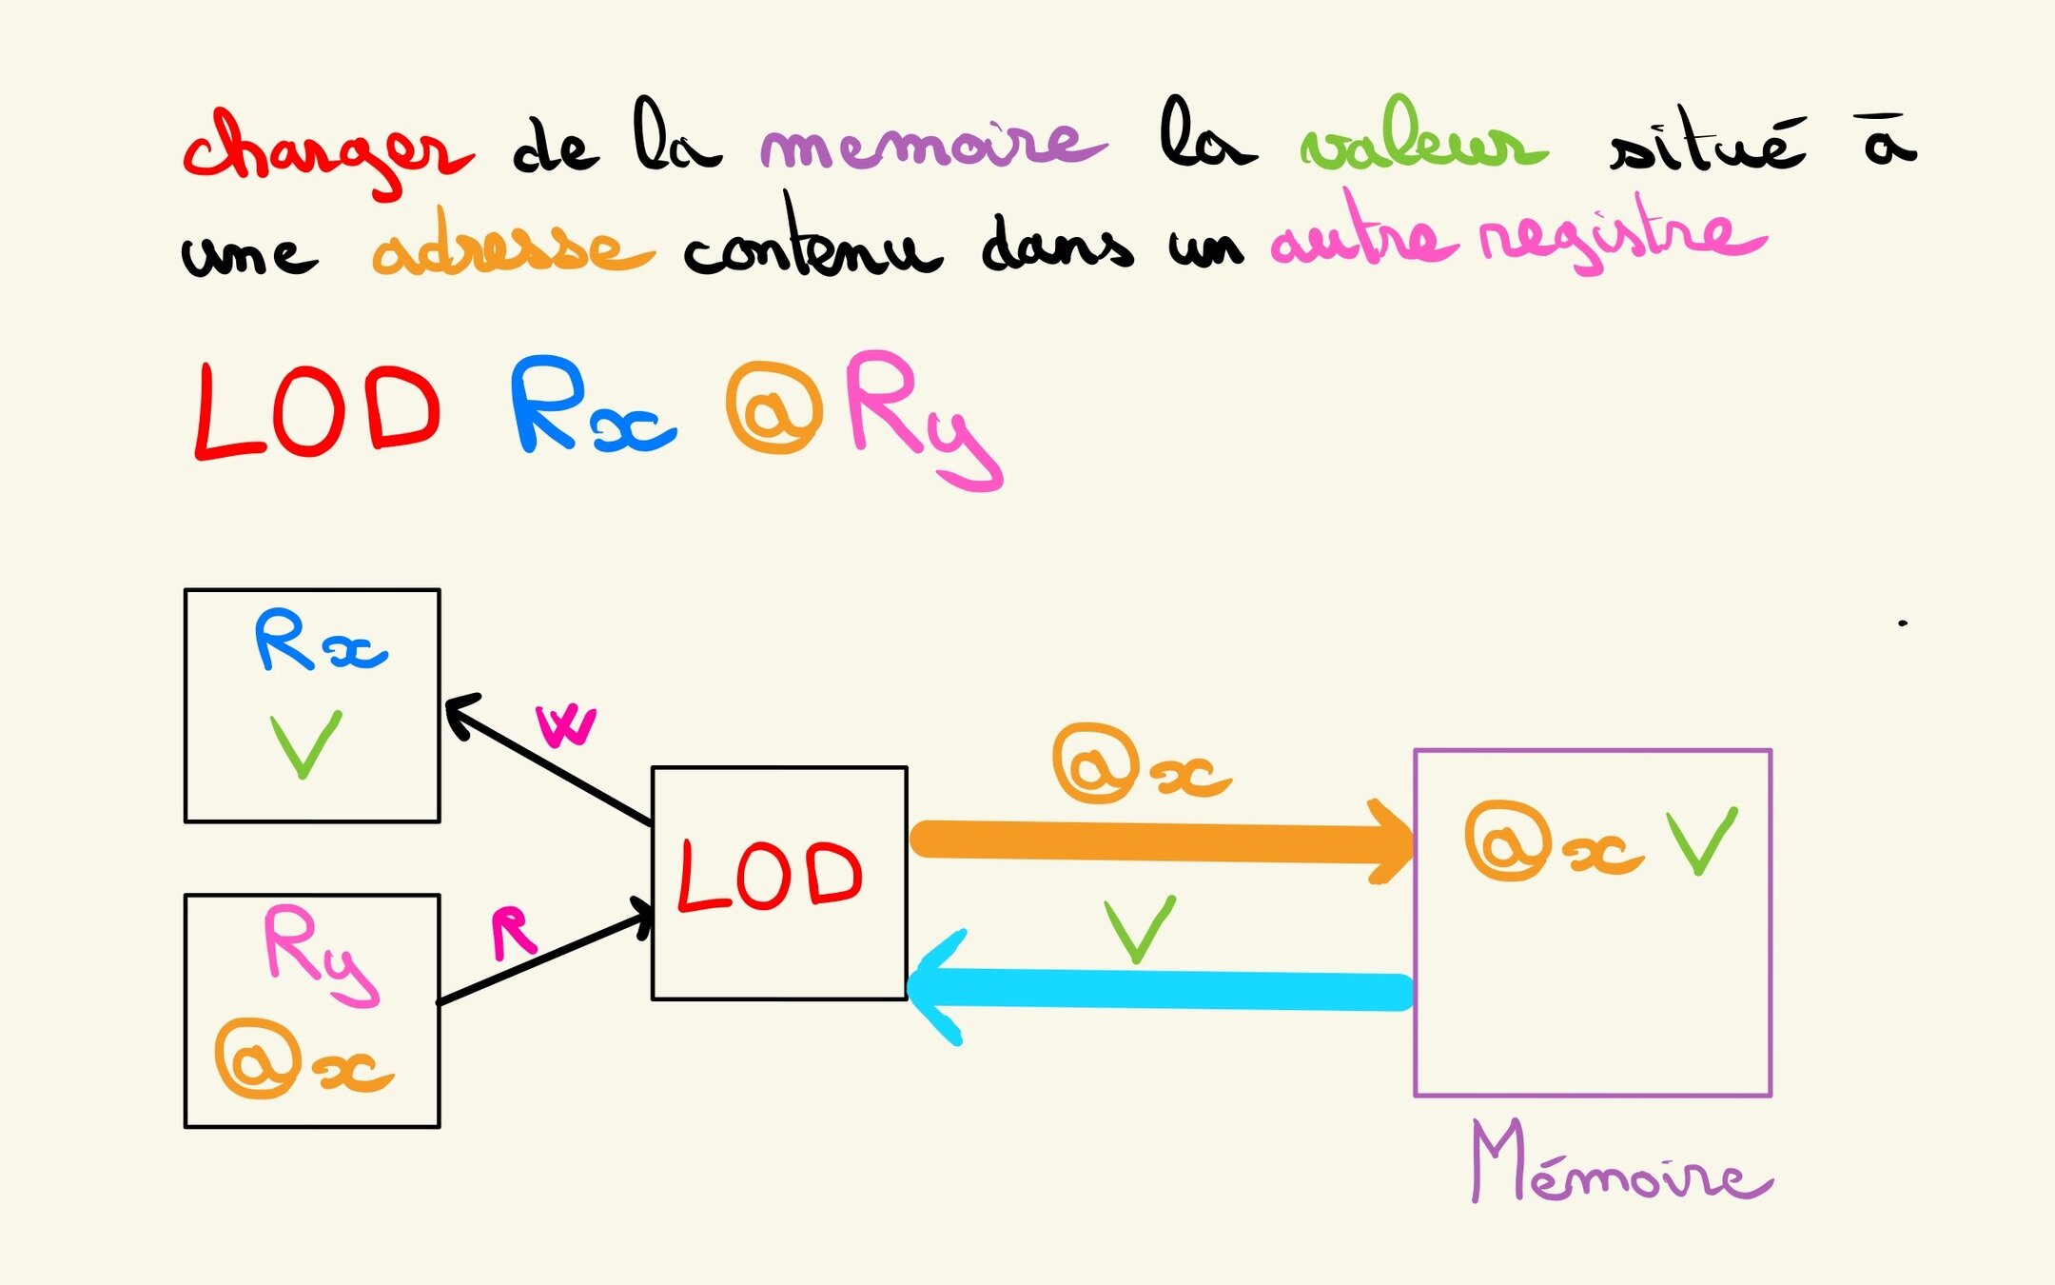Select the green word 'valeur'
point(1422,143)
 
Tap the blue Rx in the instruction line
point(590,407)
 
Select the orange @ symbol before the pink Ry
point(773,409)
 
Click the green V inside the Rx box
point(305,745)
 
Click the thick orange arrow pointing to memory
point(1161,841)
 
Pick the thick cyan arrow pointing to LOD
point(1161,990)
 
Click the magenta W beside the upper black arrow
point(566,727)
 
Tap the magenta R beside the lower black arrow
point(513,933)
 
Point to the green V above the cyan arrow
point(1140,929)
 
